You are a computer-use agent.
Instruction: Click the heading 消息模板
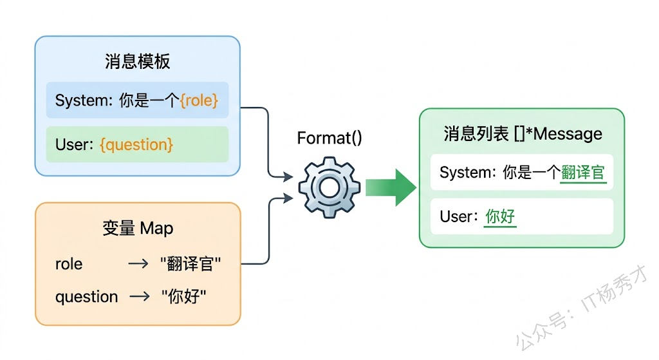[137, 62]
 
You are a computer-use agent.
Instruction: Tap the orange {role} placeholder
[199, 100]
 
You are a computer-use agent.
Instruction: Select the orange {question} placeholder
[136, 144]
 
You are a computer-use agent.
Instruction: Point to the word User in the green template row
[71, 144]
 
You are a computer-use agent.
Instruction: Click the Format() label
[329, 138]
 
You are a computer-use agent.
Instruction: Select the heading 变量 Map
[137, 228]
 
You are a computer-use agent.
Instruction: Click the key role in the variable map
[69, 264]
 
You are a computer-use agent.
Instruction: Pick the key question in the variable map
[86, 297]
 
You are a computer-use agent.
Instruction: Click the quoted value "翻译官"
[190, 264]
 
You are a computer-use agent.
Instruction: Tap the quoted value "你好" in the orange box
[183, 297]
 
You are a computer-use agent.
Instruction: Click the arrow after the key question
[139, 297]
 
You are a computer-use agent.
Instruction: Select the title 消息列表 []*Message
[523, 134]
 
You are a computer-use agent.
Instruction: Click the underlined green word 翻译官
[584, 173]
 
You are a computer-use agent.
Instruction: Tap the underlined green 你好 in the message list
[500, 216]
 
